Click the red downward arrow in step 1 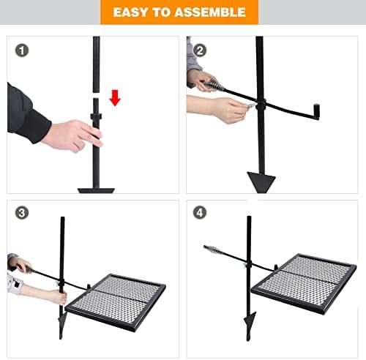click(x=114, y=97)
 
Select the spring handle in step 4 click(x=214, y=250)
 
